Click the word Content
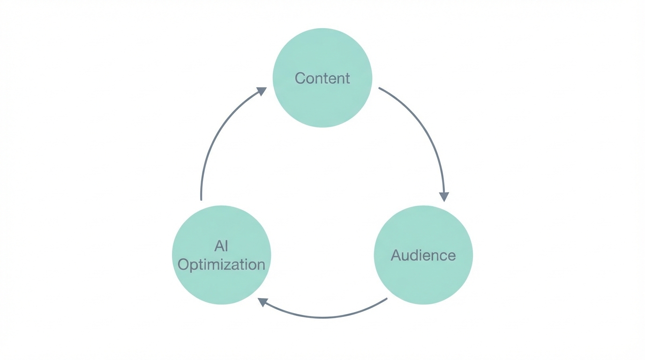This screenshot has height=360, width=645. coord(322,78)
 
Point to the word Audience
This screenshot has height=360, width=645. coord(423,255)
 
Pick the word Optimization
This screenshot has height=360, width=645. coord(221,264)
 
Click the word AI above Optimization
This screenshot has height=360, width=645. coord(221,246)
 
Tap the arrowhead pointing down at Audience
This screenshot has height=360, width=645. coord(443,196)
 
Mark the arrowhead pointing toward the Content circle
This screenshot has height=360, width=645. coord(262,91)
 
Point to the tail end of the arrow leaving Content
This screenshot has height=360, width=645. coord(380,88)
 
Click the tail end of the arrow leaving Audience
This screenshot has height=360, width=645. coord(386,299)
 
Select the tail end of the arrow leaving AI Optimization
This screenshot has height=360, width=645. coord(201,199)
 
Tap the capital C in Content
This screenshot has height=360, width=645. coord(300,78)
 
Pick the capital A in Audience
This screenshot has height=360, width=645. coord(397,255)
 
